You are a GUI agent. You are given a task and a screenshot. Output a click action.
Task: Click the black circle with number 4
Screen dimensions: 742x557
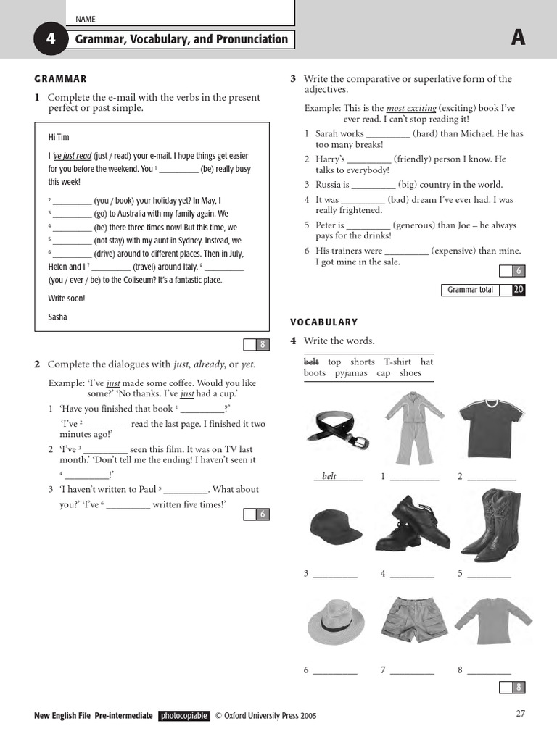(x=50, y=40)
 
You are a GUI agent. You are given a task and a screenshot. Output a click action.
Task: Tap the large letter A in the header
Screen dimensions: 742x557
(x=517, y=39)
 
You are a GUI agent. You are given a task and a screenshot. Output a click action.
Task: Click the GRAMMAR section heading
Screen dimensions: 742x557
(x=60, y=79)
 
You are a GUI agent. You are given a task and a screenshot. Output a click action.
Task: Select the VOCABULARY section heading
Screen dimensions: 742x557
(x=324, y=322)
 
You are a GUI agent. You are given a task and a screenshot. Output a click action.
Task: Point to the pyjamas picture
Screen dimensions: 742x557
(x=408, y=428)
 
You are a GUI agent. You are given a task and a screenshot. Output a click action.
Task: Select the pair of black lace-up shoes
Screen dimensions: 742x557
(x=412, y=524)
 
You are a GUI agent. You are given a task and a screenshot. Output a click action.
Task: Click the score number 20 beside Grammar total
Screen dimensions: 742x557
(x=518, y=290)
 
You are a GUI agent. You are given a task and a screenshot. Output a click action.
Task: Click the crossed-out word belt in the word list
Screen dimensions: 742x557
(x=311, y=362)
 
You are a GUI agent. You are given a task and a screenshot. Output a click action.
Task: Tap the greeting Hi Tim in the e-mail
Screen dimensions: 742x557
(x=59, y=137)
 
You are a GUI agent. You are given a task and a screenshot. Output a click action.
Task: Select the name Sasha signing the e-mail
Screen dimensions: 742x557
(x=57, y=317)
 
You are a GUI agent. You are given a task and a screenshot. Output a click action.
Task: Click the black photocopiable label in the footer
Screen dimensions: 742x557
(x=184, y=716)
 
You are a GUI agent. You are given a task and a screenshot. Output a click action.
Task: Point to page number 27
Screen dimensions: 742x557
(x=520, y=714)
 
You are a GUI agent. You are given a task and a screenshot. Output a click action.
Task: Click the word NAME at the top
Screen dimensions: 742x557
(x=85, y=20)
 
